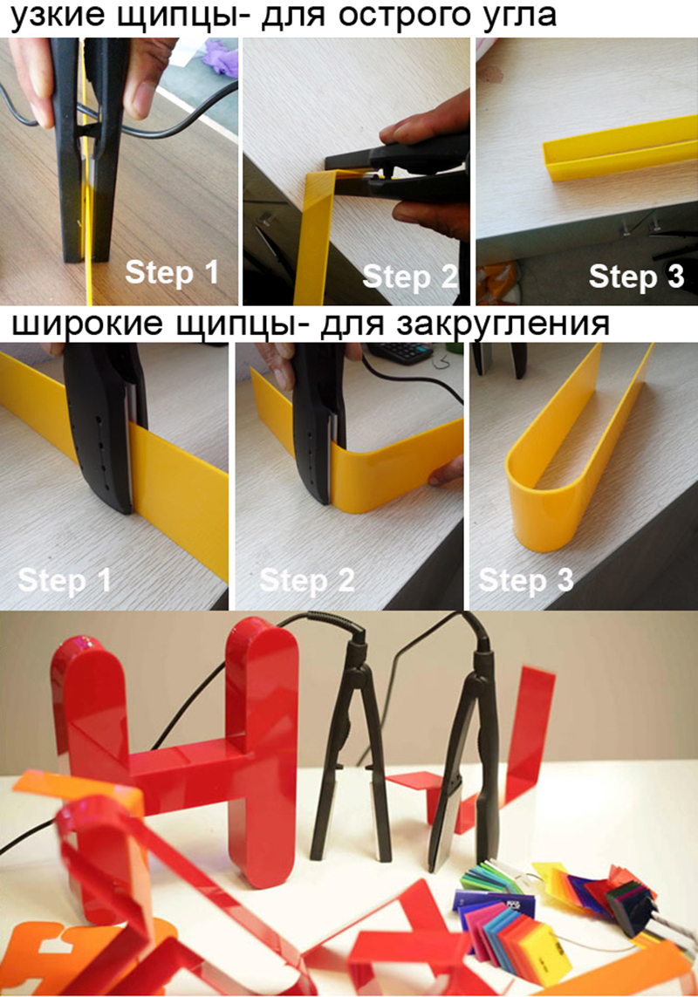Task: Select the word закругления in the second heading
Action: pos(503,324)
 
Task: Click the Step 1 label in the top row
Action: pos(172,272)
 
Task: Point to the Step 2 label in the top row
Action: pos(410,277)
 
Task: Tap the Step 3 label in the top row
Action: pos(636,277)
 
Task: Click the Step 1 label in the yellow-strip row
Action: pos(65,581)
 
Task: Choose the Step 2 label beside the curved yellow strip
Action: pos(307,581)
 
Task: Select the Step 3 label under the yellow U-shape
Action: pos(525,581)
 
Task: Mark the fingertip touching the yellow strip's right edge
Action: pos(444,473)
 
